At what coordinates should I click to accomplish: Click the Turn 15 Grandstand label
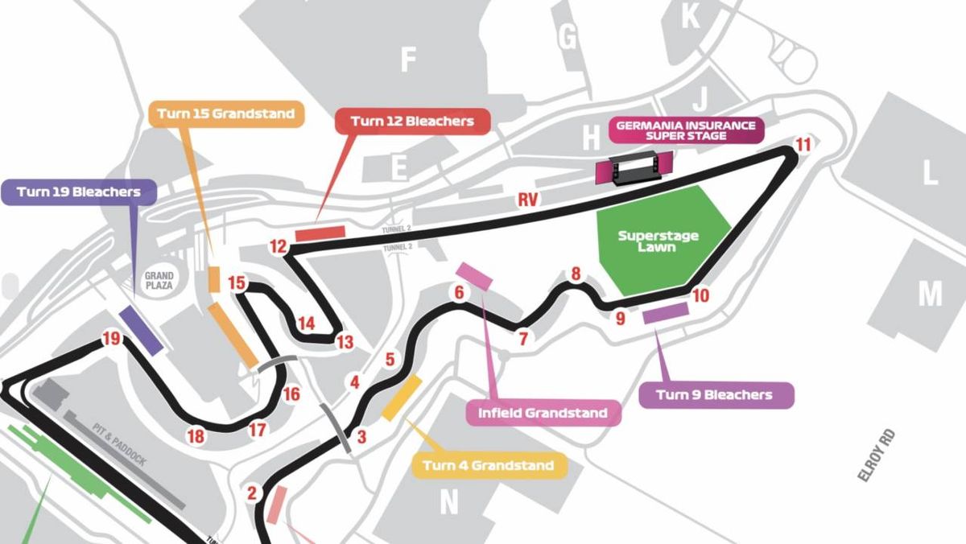click(x=226, y=114)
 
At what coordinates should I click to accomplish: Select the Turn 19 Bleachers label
click(x=78, y=192)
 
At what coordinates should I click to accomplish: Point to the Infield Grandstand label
click(x=543, y=413)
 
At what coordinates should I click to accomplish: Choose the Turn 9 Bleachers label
click(x=714, y=394)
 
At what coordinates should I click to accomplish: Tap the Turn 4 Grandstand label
click(x=488, y=465)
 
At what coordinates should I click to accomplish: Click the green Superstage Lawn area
click(x=658, y=241)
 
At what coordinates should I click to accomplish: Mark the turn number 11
click(x=803, y=145)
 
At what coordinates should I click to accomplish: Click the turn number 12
click(x=279, y=246)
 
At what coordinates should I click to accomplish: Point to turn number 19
click(x=111, y=339)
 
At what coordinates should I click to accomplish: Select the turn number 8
click(x=576, y=274)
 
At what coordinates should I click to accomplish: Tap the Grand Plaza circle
click(x=159, y=280)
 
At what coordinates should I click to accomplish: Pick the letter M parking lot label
click(x=930, y=294)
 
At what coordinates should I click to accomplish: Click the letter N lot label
click(x=448, y=503)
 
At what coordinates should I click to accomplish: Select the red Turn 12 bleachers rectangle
click(x=320, y=233)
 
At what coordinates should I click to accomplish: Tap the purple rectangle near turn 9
click(x=665, y=313)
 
